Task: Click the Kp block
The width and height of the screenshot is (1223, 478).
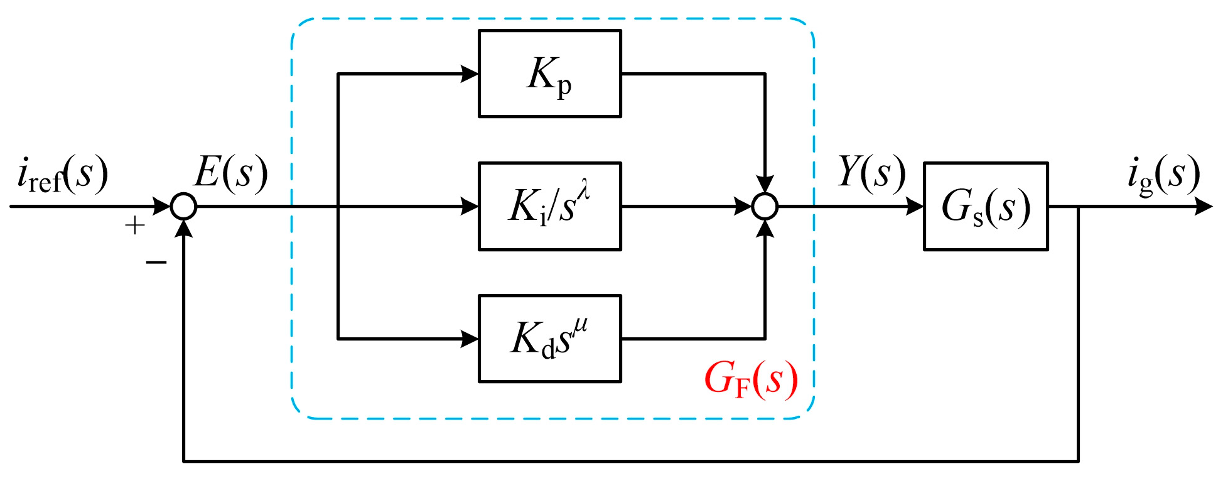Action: click(x=549, y=73)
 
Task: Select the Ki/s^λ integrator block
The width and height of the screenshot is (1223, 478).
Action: click(x=549, y=206)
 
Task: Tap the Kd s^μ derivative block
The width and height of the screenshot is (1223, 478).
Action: click(x=549, y=339)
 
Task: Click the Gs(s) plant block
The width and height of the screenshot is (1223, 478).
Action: click(x=985, y=206)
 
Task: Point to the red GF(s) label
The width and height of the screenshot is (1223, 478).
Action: click(x=751, y=379)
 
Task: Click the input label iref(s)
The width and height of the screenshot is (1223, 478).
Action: click(x=62, y=174)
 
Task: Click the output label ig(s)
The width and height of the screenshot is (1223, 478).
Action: click(x=1163, y=174)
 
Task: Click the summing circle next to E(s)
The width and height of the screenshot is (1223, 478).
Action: click(x=184, y=206)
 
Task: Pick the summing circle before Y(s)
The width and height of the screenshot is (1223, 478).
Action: click(x=765, y=206)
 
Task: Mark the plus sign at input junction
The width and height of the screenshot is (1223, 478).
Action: click(x=135, y=225)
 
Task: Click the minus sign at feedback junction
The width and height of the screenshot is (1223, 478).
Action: click(x=156, y=262)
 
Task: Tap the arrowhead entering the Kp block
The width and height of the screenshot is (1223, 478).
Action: click(x=470, y=73)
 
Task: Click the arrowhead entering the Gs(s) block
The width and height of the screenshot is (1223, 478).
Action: click(x=914, y=206)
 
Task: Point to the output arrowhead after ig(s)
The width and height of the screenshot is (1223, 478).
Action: click(x=1203, y=206)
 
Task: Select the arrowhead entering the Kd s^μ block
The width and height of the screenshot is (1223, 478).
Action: click(x=470, y=339)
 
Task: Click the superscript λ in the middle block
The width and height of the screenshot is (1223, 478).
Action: click(x=584, y=189)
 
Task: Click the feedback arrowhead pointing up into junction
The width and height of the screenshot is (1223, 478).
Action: click(x=184, y=228)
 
